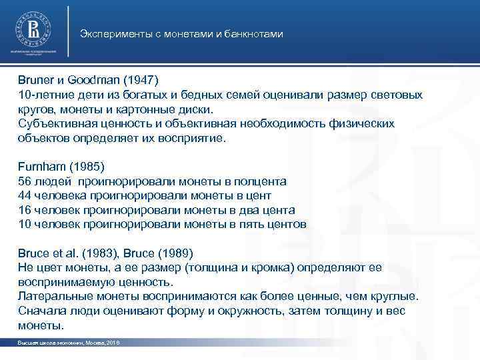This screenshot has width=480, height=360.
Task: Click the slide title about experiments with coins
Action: tap(181, 33)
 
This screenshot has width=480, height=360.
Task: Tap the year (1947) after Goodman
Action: tap(141, 81)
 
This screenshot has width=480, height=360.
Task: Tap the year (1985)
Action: tap(89, 167)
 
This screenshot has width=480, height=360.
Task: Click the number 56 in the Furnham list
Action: tap(25, 181)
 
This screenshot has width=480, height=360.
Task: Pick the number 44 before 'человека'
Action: tap(25, 196)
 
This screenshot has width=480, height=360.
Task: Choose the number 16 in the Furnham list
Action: tap(25, 210)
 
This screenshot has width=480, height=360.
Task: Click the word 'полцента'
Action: tap(262, 181)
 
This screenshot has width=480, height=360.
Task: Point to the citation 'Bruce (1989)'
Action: tap(162, 253)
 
